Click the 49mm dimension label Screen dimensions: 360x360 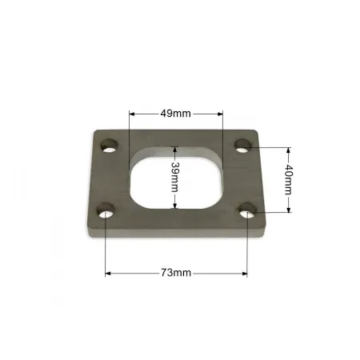[175, 114]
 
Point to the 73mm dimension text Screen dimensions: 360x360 [175, 273]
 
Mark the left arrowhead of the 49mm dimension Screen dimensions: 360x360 [131, 114]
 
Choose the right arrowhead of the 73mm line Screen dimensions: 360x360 [246, 273]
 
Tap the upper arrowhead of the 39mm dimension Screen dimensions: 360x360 [175, 150]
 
